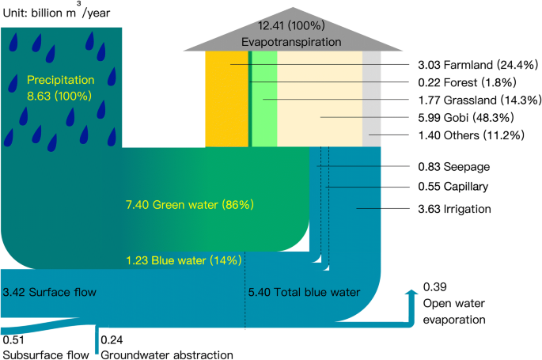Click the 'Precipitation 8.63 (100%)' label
[x=60, y=88]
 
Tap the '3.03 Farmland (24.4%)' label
[x=468, y=64]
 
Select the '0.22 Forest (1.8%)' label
[x=457, y=81]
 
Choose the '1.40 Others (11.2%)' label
[x=461, y=135]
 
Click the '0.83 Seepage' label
[x=448, y=167]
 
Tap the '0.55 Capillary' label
[x=453, y=188]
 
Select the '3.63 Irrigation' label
[x=454, y=209]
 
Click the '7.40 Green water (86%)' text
[x=190, y=205]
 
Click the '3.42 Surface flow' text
[x=50, y=293]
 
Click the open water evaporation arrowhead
[x=411, y=294]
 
